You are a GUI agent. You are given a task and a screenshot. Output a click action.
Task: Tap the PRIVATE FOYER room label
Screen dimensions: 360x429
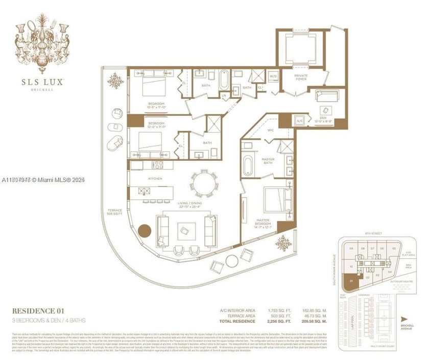click(x=300, y=78)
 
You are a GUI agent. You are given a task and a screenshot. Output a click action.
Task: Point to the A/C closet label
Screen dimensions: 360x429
click(x=300, y=121)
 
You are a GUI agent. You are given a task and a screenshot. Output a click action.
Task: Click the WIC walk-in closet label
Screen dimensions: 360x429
click(x=271, y=130)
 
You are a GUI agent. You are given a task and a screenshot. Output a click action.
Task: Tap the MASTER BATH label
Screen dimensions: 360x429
click(x=269, y=161)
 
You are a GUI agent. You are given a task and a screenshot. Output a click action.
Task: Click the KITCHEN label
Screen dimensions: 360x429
click(x=155, y=179)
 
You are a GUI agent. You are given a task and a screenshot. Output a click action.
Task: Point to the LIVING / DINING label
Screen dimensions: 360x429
click(x=188, y=204)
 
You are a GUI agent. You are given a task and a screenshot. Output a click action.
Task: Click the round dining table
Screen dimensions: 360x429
click(x=203, y=183)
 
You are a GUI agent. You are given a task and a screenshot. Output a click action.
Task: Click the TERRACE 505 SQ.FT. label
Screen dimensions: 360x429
click(x=113, y=212)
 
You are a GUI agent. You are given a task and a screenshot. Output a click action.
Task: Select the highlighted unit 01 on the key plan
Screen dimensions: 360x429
click(x=350, y=280)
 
